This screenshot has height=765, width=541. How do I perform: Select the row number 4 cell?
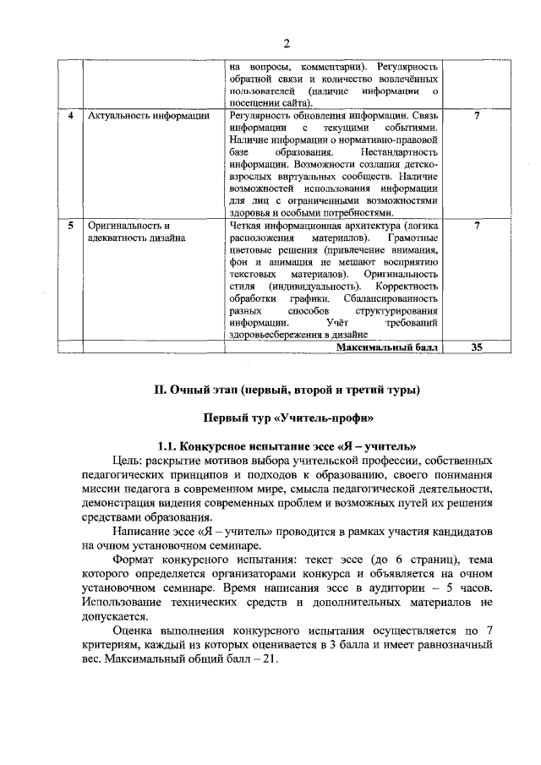pos(71,116)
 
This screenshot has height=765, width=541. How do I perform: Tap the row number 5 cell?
pos(71,227)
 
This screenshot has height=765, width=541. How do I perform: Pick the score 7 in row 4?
pos(478,116)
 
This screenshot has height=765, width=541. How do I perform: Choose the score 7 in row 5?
pos(478,227)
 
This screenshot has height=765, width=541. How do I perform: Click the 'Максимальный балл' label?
pos(386,347)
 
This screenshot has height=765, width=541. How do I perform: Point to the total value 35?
pos(478,347)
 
